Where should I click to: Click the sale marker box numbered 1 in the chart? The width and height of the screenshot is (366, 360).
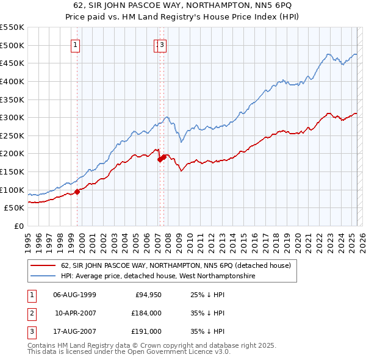pyautogui.click(x=76, y=44)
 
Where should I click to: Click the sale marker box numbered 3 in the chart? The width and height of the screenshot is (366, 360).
pyautogui.click(x=163, y=44)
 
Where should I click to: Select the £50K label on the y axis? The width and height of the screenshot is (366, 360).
pyautogui.click(x=15, y=207)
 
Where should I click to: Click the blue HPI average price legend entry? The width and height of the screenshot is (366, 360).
pyautogui.click(x=157, y=276)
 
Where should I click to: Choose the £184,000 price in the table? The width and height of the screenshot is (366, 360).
pyautogui.click(x=146, y=313)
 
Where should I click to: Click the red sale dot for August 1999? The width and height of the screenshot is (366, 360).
pyautogui.click(x=77, y=192)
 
